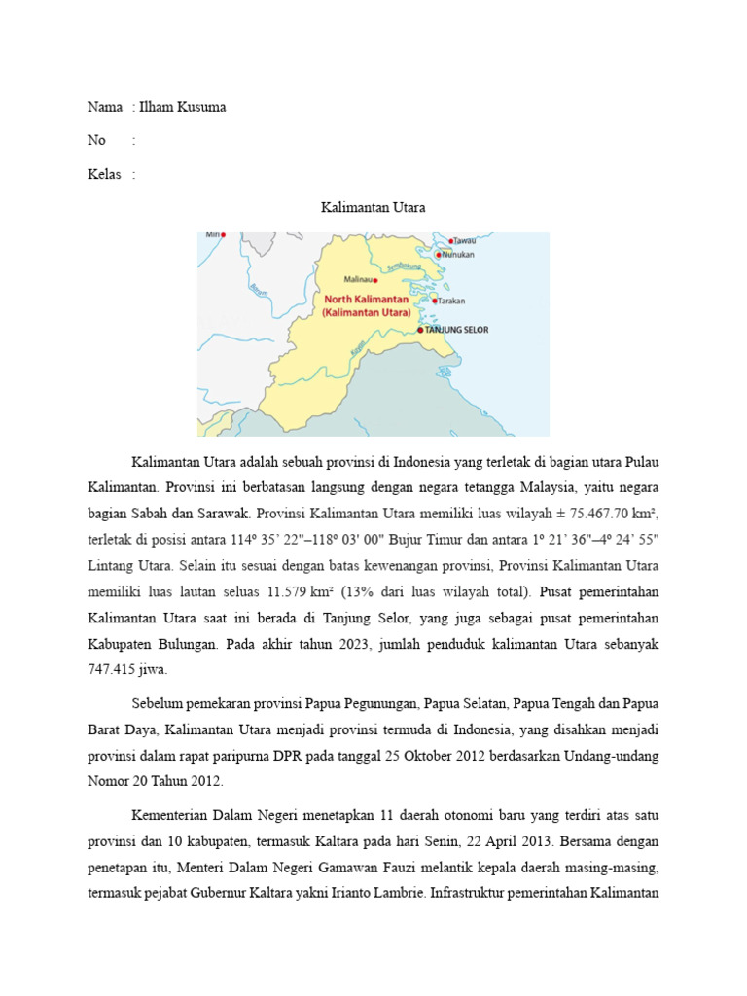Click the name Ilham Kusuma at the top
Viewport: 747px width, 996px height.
pos(183,107)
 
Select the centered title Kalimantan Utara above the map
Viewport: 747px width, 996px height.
pos(373,208)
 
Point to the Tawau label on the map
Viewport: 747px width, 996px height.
pos(465,240)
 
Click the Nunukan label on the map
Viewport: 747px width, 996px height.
pos(458,255)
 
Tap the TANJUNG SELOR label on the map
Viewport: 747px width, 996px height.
pos(457,330)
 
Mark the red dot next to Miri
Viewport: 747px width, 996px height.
pos(224,234)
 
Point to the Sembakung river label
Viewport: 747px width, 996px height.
pos(404,265)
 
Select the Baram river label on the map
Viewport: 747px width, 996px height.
pos(258,289)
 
